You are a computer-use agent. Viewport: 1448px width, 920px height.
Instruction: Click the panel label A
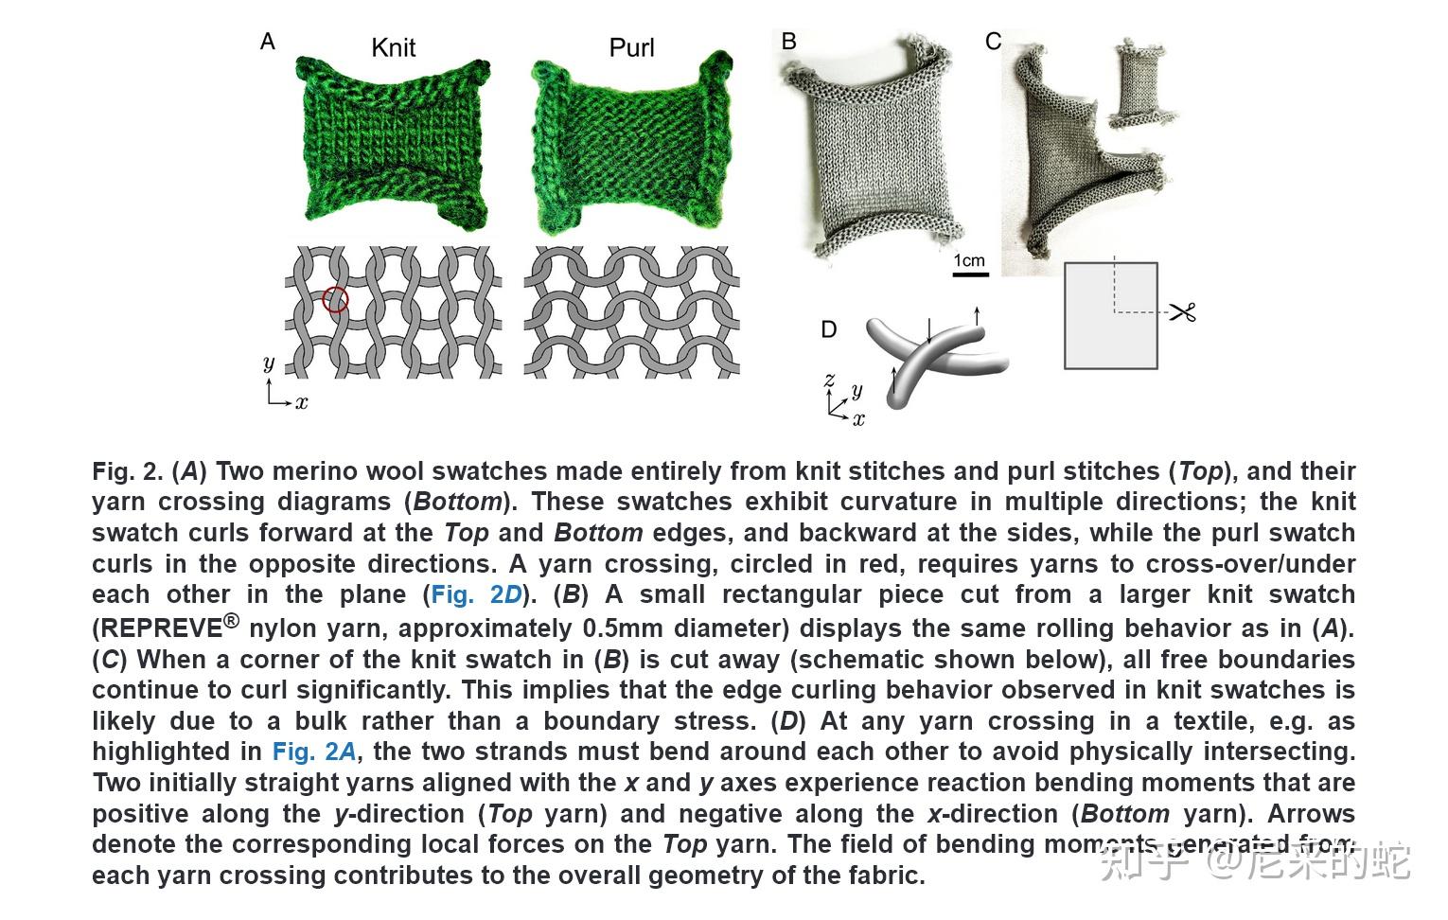(x=268, y=42)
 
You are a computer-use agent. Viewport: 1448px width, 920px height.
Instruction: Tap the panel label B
(x=789, y=42)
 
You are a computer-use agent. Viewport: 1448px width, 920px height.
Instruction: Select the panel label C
(x=993, y=42)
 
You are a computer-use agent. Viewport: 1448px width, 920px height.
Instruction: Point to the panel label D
(x=828, y=329)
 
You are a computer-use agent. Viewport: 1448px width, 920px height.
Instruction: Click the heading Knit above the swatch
(x=393, y=48)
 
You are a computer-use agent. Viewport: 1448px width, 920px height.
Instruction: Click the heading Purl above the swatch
(x=631, y=48)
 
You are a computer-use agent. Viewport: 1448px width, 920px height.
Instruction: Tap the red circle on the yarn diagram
(x=335, y=300)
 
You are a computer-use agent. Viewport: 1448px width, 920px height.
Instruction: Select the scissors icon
(x=1183, y=311)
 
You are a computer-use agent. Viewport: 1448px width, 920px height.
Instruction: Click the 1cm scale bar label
(x=969, y=260)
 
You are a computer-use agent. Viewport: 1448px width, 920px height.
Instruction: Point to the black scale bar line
(x=970, y=274)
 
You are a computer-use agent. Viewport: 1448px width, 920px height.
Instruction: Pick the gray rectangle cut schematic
(x=1110, y=316)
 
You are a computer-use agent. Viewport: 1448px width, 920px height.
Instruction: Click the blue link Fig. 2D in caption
(x=476, y=595)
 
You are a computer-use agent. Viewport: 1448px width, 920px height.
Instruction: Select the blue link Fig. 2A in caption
(x=315, y=752)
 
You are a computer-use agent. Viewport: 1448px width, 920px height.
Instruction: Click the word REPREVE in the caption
(x=157, y=628)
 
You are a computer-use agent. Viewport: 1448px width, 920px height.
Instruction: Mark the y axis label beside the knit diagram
(x=269, y=363)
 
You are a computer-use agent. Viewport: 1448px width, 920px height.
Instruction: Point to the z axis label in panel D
(x=829, y=380)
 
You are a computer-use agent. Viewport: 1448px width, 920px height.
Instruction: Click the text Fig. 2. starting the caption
(x=127, y=471)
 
